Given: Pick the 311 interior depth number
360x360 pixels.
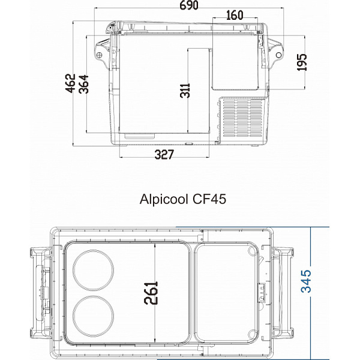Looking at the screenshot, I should tap(185, 91).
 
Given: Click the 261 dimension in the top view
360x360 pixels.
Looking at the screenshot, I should tap(152, 293).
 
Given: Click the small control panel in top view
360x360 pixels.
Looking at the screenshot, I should tap(262, 293).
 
